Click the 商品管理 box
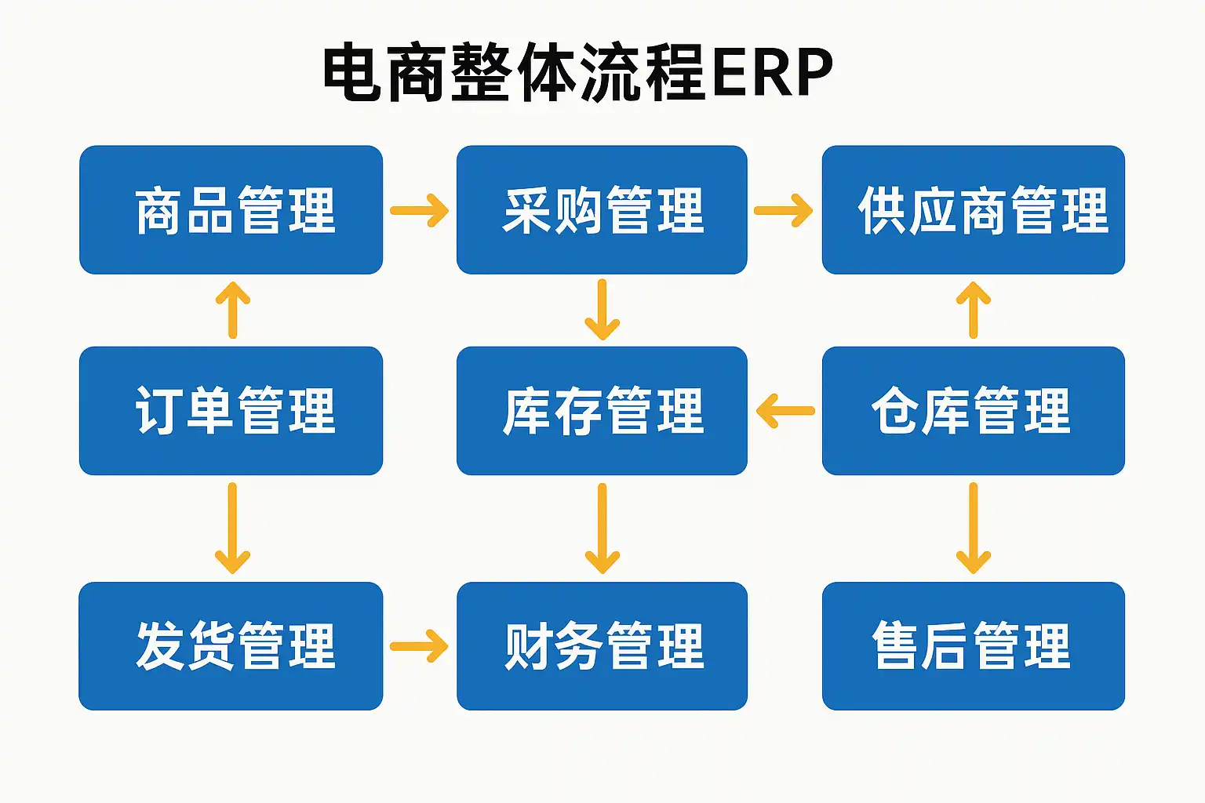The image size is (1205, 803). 231,209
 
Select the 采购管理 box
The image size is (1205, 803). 602,209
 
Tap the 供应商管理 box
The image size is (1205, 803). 973,209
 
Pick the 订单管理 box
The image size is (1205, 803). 231,411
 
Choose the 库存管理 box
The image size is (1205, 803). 602,411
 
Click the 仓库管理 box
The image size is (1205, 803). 973,411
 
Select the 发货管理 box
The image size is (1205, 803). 231,646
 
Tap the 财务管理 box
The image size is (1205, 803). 602,646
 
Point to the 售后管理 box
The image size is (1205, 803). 973,646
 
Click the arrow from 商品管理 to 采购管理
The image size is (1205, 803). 419,210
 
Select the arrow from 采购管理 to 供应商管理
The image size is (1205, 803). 783,210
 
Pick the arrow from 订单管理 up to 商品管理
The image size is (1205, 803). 233,310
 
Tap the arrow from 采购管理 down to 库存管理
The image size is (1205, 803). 602,310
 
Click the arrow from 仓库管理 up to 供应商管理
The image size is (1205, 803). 973,310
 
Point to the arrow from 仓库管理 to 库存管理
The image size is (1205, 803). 785,411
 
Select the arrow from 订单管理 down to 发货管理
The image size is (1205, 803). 232,529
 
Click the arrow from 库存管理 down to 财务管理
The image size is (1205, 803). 602,529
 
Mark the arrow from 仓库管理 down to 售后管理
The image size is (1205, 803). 973,529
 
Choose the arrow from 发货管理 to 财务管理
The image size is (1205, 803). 419,646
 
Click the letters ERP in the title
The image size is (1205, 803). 773,72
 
